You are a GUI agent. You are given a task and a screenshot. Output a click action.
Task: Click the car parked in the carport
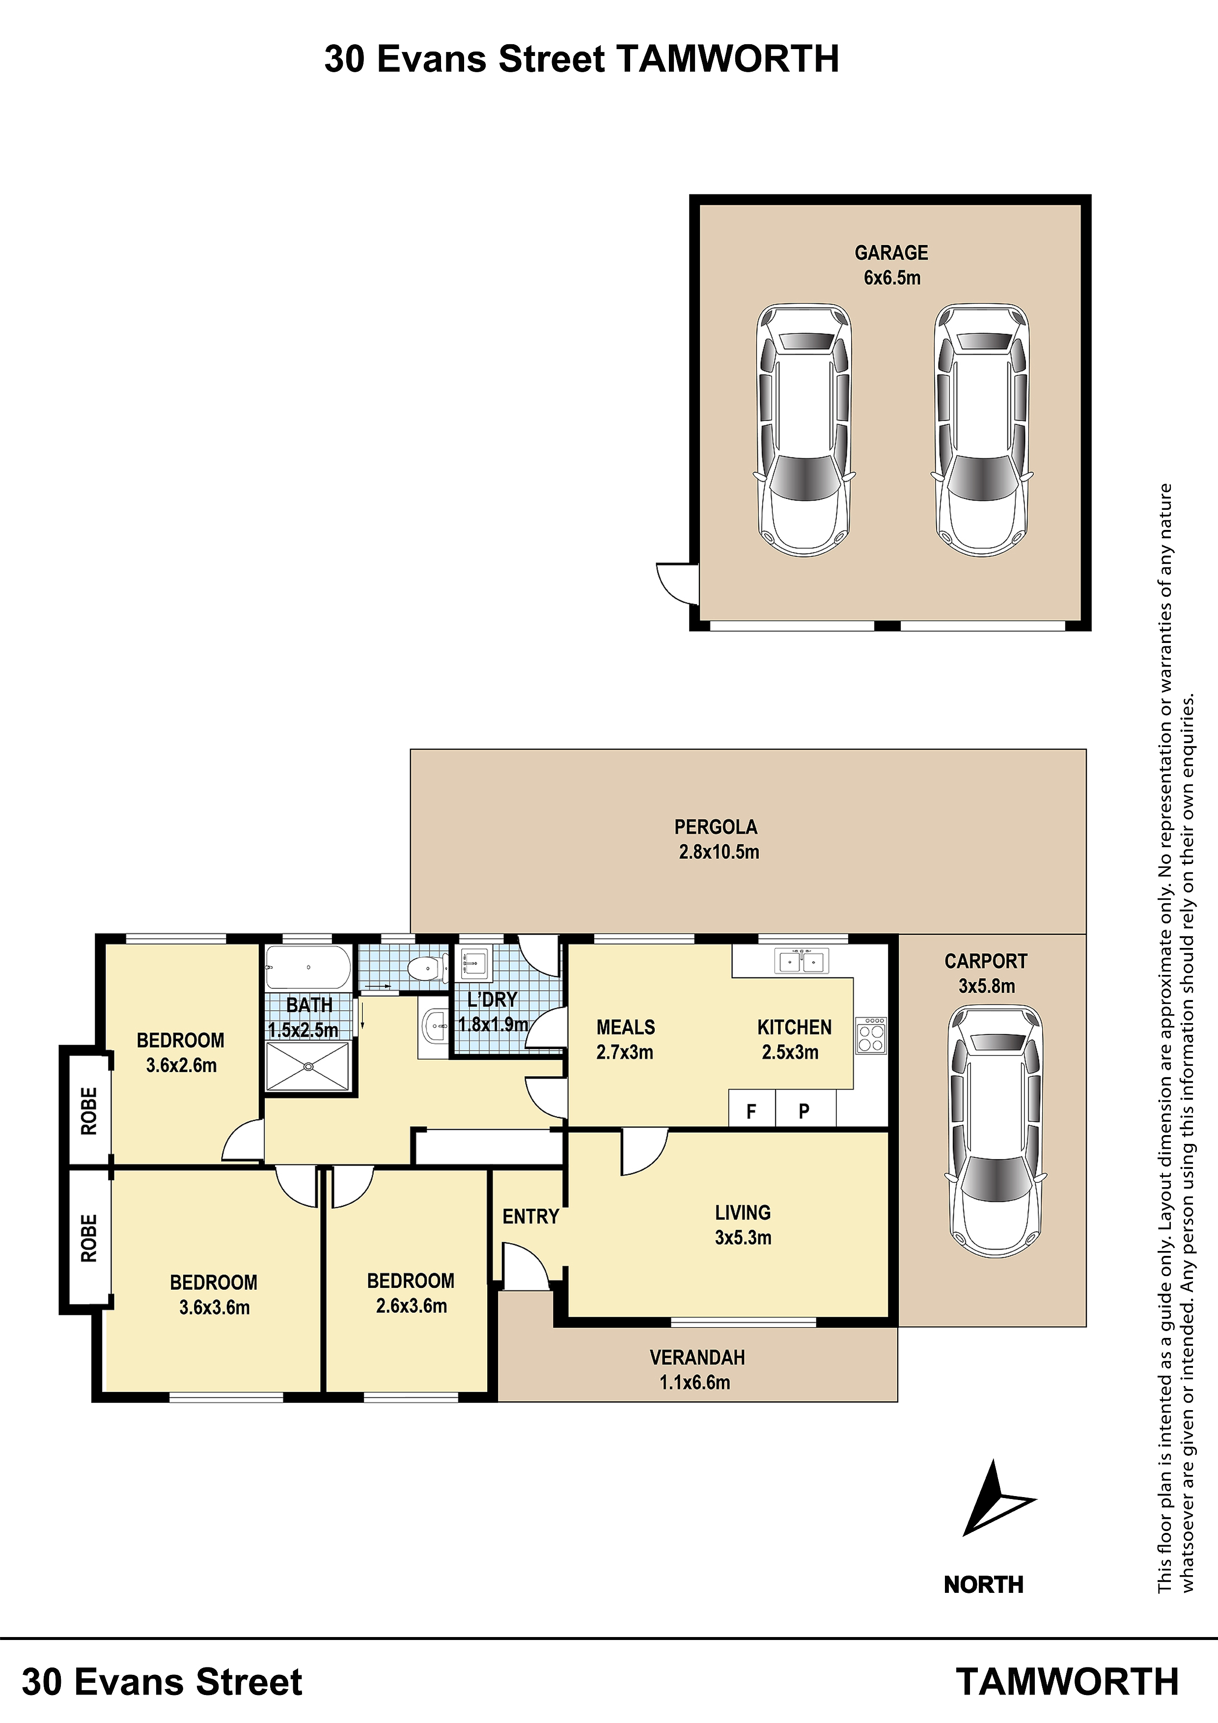(x=996, y=1133)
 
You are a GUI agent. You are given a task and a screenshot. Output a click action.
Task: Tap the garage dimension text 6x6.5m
(x=891, y=278)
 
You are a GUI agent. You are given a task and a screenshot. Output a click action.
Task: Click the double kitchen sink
(x=802, y=961)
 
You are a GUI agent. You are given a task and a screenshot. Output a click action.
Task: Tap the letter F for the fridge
(x=751, y=1112)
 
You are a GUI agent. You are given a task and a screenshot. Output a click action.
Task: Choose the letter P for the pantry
(x=804, y=1112)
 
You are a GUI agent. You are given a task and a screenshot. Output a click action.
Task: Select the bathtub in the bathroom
(x=308, y=967)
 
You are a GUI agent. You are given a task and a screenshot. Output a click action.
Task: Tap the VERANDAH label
(x=697, y=1358)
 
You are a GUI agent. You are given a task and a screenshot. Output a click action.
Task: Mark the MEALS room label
(x=626, y=1028)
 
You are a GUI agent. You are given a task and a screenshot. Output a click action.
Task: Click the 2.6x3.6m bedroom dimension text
(x=411, y=1306)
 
